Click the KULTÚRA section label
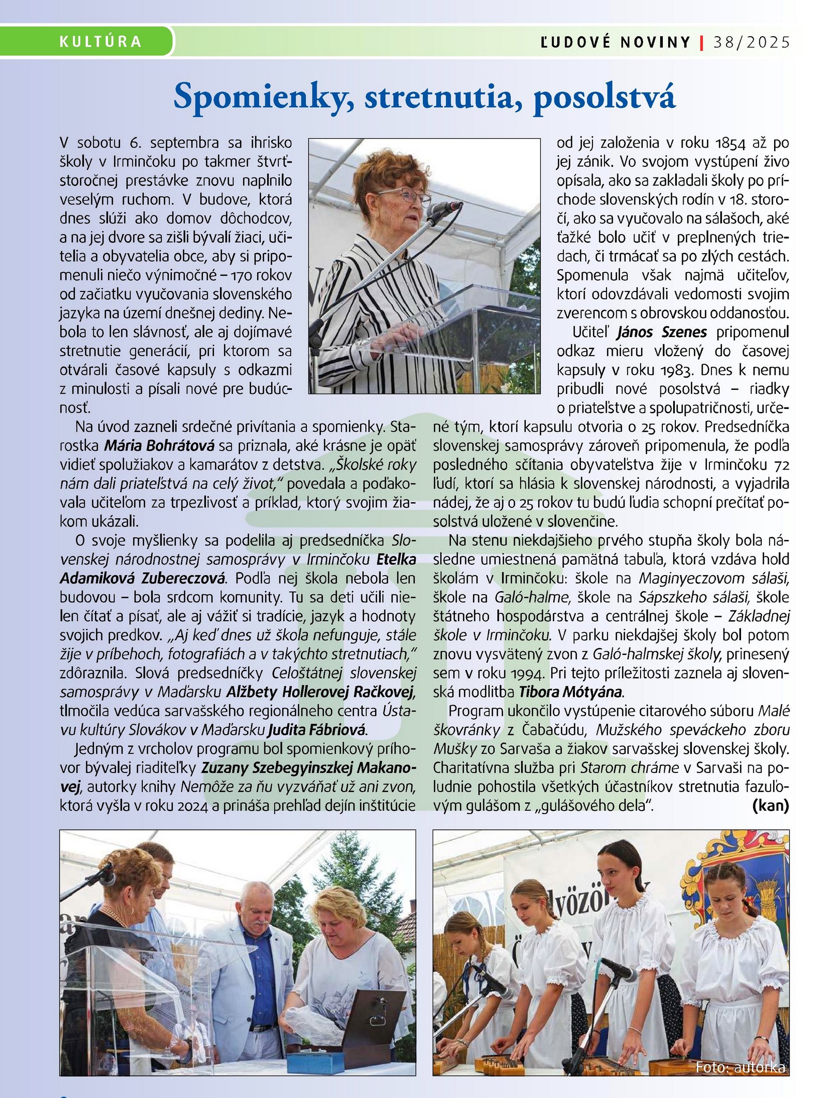pyautogui.click(x=100, y=41)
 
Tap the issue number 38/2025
pyautogui.click(x=752, y=42)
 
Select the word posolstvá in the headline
pyautogui.click(x=604, y=97)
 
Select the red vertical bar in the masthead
pyautogui.click(x=702, y=42)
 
